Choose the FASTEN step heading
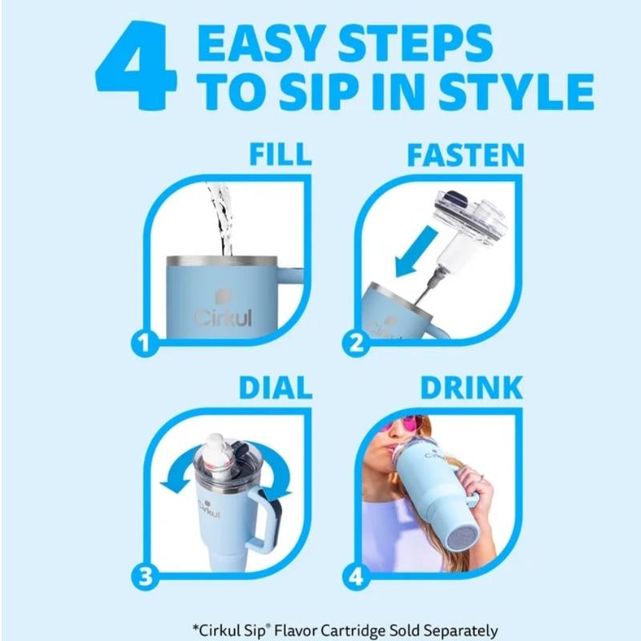[x=465, y=153]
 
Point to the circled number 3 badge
[x=143, y=575]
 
